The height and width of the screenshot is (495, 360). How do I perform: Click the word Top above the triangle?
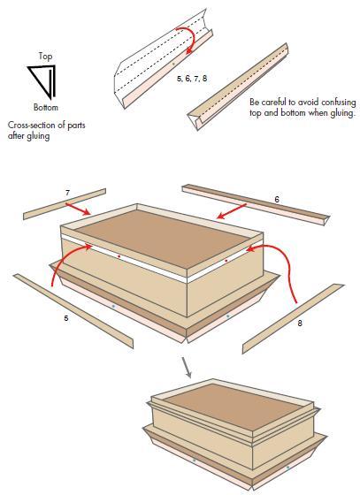[x=45, y=57]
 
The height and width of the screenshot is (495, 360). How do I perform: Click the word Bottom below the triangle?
[x=46, y=107]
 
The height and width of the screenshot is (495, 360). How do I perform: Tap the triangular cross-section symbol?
[x=43, y=81]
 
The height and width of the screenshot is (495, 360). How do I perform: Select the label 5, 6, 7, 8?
[x=192, y=79]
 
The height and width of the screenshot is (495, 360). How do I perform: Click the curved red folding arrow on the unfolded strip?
[x=191, y=36]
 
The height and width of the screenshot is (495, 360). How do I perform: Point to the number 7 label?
[x=67, y=193]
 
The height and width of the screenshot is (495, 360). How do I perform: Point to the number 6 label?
[x=277, y=200]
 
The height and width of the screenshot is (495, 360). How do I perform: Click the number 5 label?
[x=66, y=318]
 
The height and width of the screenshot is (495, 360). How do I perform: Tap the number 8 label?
[x=300, y=323]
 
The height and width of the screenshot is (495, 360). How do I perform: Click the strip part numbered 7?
[x=65, y=204]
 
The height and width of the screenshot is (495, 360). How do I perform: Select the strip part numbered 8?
[x=293, y=318]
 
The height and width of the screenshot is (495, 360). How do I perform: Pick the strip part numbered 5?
[x=73, y=311]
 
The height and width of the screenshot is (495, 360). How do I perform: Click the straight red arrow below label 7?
[x=78, y=209]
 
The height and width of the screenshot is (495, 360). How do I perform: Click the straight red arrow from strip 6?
[x=232, y=211]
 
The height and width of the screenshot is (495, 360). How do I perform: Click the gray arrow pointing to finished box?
[x=187, y=368]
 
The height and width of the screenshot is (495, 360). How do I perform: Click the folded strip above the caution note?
[x=237, y=87]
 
